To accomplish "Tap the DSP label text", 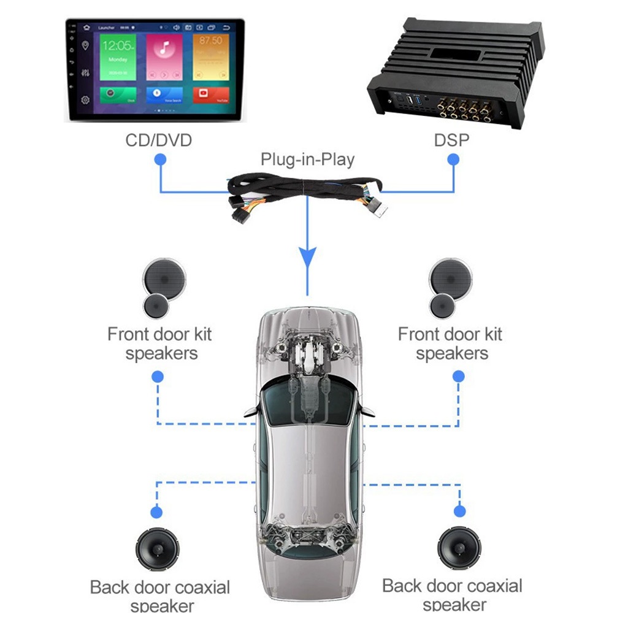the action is [x=451, y=140].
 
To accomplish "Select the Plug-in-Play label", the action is [x=307, y=159].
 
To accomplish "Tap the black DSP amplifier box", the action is [x=455, y=74].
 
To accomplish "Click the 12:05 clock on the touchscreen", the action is [x=117, y=46].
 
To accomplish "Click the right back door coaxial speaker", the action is [x=459, y=548].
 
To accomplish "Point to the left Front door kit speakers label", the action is [x=159, y=343].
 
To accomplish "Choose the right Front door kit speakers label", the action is [x=451, y=343].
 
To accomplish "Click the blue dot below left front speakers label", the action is [x=158, y=375].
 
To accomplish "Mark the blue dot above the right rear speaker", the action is [x=458, y=511].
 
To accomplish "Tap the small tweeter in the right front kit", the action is [x=442, y=305].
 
